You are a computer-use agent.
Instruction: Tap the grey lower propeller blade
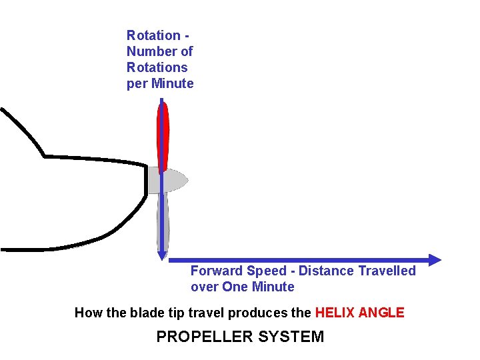[163, 220]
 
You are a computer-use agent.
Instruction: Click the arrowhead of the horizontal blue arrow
[435, 260]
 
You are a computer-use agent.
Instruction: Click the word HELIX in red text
[335, 313]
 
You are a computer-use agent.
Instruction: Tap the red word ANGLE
[382, 313]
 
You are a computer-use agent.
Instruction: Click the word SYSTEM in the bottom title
[291, 337]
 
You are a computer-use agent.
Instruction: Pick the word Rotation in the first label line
[153, 35]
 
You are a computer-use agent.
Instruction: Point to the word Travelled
[387, 271]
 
